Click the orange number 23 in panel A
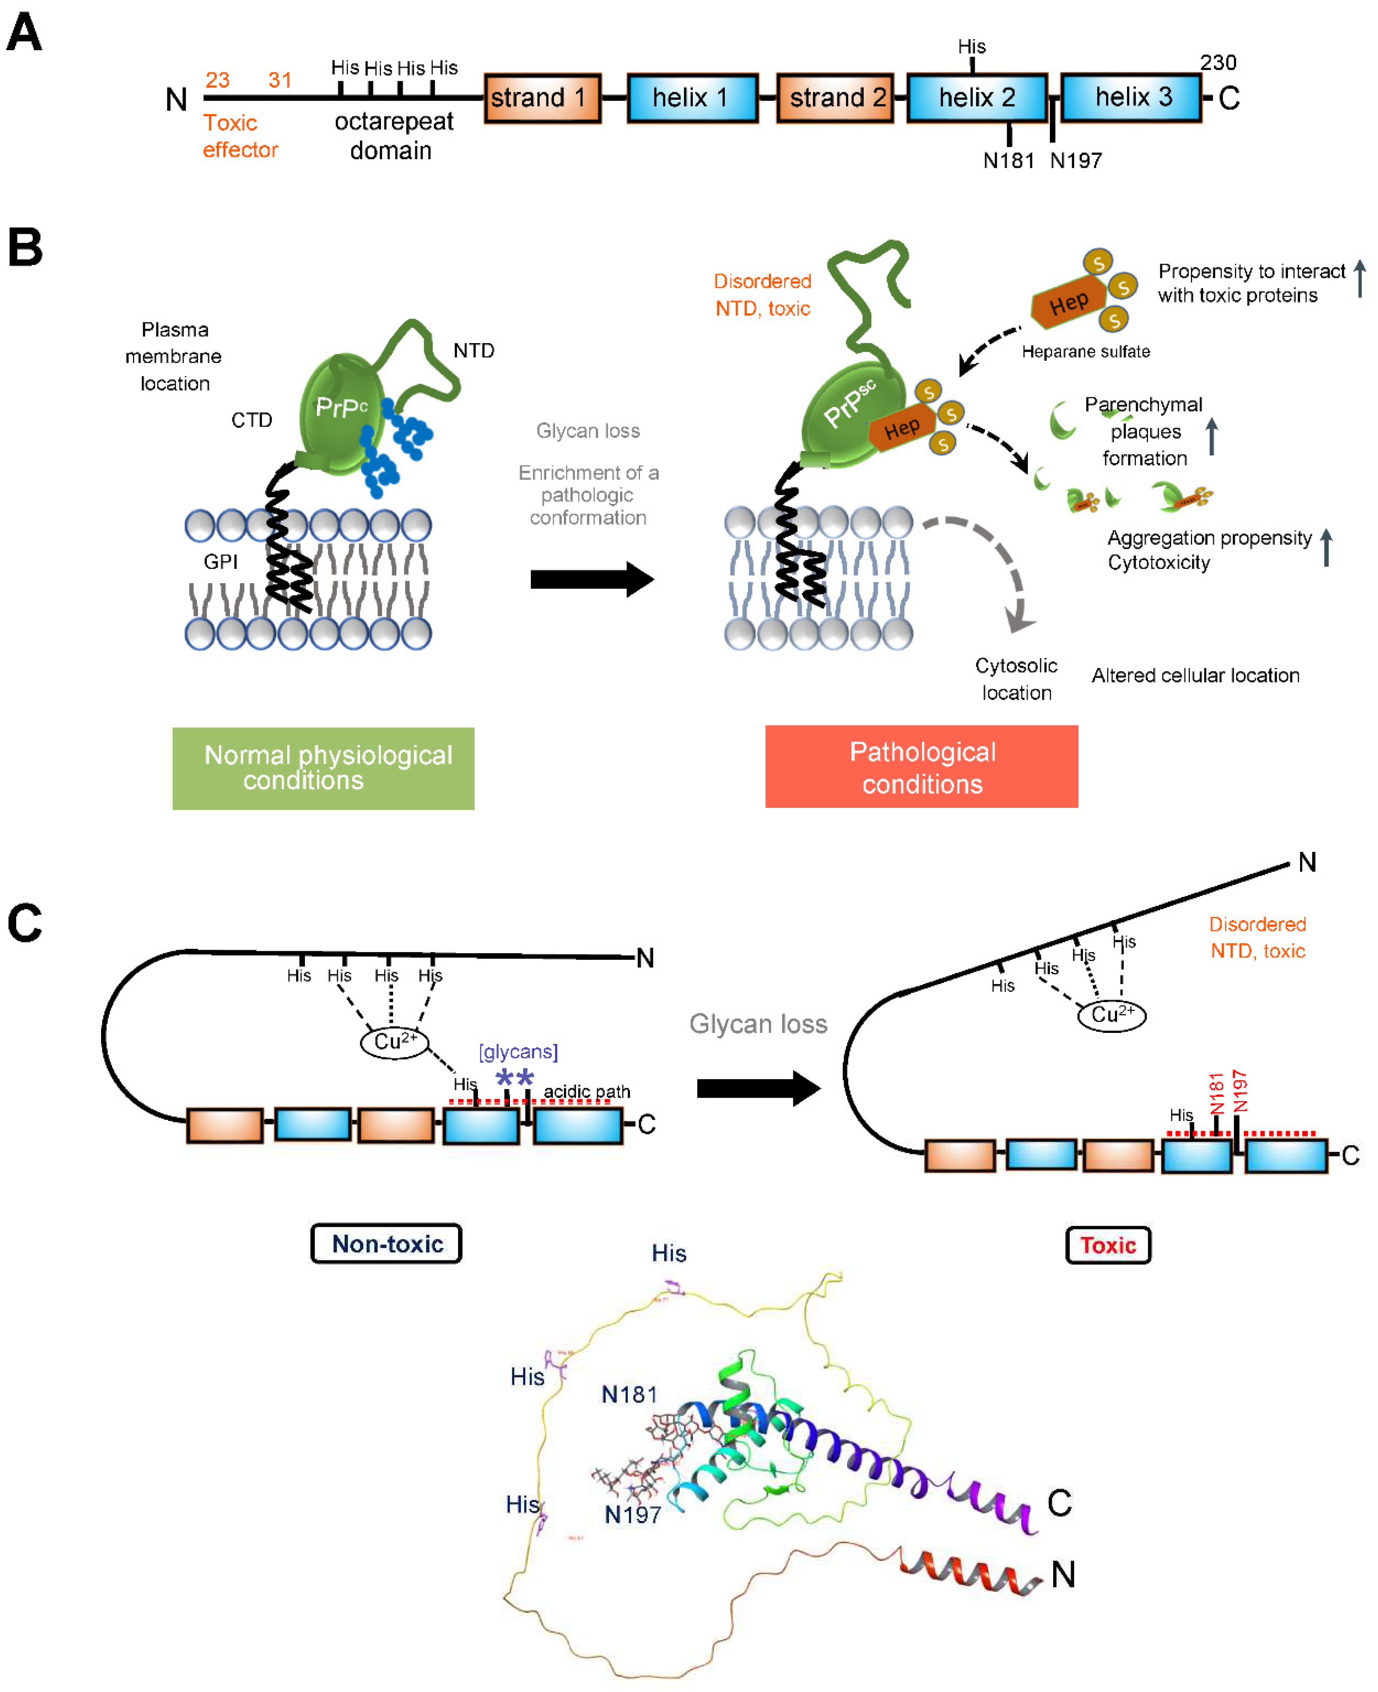tap(217, 80)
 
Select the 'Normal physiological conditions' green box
tap(323, 768)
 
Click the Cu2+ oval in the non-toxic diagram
tap(395, 1042)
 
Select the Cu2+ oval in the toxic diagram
tap(1111, 1015)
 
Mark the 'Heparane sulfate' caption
tap(1085, 352)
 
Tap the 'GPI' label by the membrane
tap(221, 562)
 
